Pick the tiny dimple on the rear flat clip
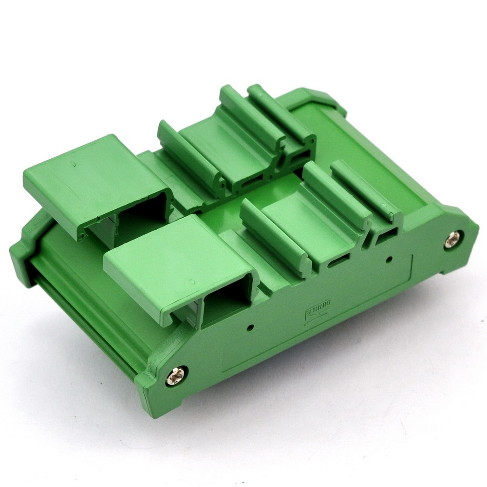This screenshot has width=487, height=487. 74,164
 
